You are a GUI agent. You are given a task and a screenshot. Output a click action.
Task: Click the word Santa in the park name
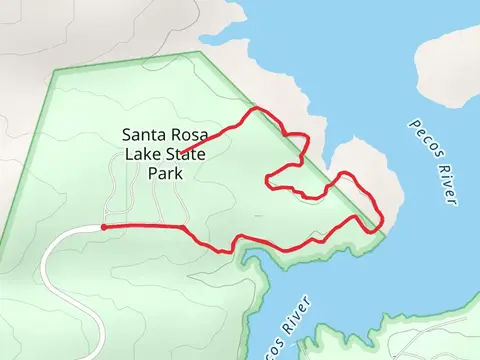click(x=142, y=134)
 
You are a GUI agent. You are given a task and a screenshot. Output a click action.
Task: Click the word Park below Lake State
click(x=165, y=173)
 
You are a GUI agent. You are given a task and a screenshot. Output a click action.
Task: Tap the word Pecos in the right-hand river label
click(x=421, y=138)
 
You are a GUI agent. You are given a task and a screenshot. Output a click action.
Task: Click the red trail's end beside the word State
click(x=181, y=154)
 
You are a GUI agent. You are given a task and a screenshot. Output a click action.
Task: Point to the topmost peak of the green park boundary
click(x=200, y=53)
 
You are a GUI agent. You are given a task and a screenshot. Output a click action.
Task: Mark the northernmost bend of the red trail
click(x=258, y=108)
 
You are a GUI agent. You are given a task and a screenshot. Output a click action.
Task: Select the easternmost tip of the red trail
click(x=384, y=228)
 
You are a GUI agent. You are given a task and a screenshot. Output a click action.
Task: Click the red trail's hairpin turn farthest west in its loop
click(x=267, y=180)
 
